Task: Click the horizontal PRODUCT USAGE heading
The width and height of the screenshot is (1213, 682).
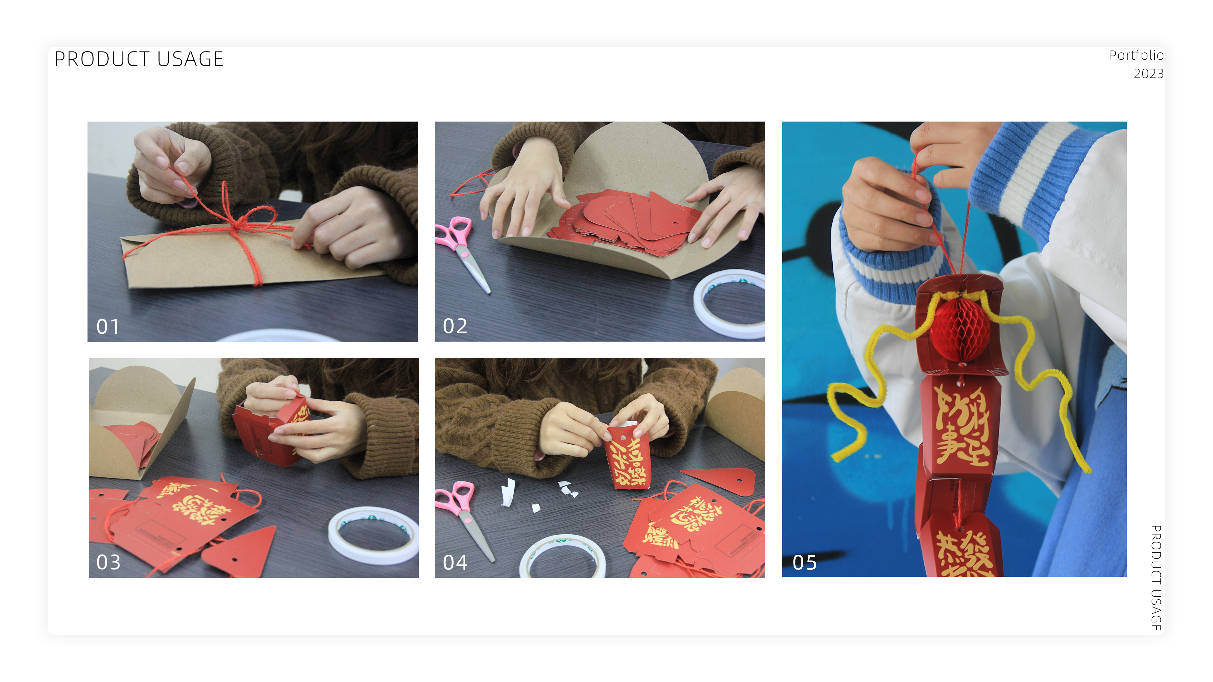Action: point(139,59)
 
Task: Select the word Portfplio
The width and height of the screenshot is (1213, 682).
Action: point(1136,56)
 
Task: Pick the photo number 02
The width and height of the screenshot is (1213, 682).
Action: point(455,326)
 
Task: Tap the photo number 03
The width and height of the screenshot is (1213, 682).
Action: point(108,562)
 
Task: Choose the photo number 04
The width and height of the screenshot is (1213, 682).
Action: point(455,562)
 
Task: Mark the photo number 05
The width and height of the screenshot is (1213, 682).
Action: point(804,562)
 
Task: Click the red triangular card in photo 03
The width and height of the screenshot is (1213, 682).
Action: point(245,553)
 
